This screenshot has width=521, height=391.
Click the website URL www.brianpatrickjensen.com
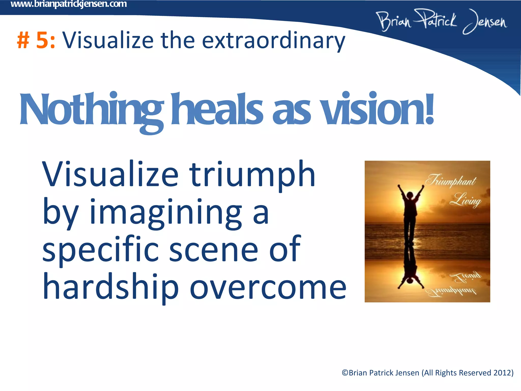69,4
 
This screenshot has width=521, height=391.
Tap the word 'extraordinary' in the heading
273,41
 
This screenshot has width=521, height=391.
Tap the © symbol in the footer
345,373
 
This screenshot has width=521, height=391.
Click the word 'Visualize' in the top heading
108,41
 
